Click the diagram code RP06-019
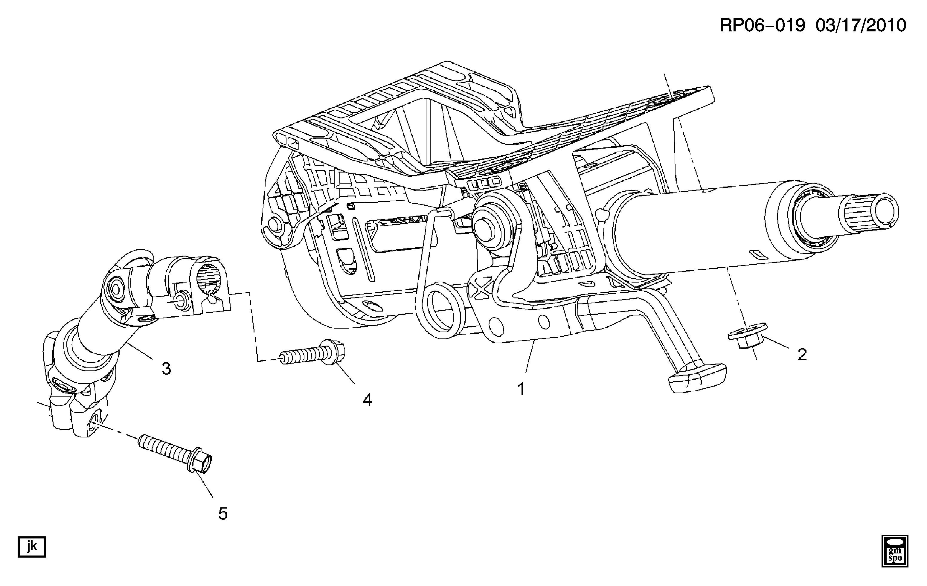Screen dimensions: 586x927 [x=762, y=26]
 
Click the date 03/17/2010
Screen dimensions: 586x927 [x=860, y=26]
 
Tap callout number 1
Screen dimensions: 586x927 [x=521, y=389]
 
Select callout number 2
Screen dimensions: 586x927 [x=802, y=354]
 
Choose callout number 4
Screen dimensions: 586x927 [x=367, y=400]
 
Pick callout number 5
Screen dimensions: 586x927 [x=223, y=514]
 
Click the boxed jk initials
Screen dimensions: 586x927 [x=32, y=547]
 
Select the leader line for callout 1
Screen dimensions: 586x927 [x=529, y=356]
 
